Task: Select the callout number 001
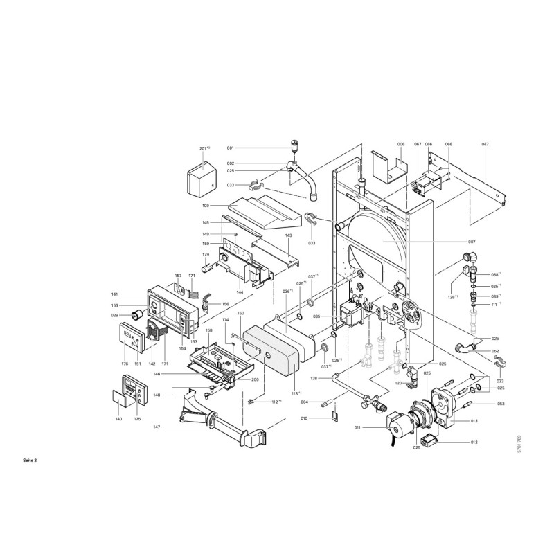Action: [x=231, y=148]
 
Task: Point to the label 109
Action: [x=205, y=206]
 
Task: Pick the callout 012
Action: [x=474, y=442]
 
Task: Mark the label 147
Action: [x=157, y=427]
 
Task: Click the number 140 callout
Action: [x=118, y=420]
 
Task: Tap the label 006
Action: [x=400, y=144]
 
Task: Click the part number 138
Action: [x=314, y=378]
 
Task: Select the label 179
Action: [x=205, y=255]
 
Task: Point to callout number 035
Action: [x=316, y=316]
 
